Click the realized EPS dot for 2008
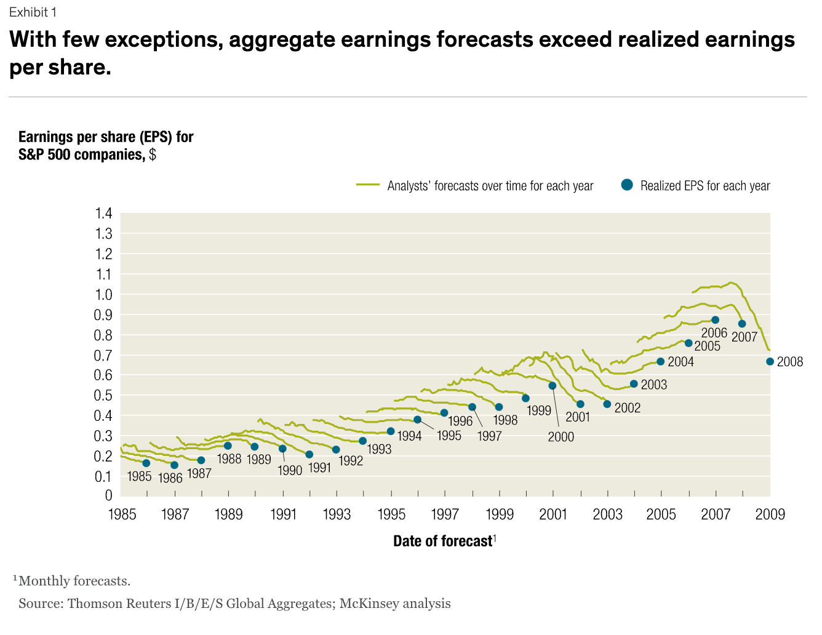(770, 362)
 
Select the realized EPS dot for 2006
(715, 320)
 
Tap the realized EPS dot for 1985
(146, 463)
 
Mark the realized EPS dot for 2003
(634, 384)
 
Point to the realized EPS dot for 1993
(362, 441)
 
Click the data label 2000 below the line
(561, 437)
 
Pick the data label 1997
(489, 436)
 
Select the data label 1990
(289, 471)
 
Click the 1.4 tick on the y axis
(103, 214)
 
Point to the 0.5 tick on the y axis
(103, 396)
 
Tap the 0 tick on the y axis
(108, 496)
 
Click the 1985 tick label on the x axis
(122, 514)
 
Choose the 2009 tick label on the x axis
(770, 514)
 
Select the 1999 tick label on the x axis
(500, 514)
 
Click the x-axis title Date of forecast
(442, 541)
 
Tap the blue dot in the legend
(627, 185)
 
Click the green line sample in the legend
(368, 185)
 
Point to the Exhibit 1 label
(33, 13)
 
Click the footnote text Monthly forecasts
(74, 581)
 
